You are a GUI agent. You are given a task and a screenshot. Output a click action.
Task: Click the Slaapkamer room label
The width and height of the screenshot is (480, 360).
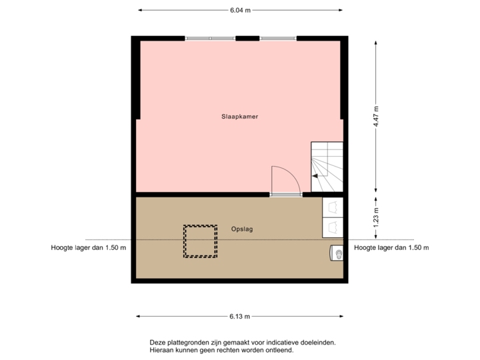240,116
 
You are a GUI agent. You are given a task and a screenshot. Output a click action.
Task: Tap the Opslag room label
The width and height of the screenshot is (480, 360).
242,229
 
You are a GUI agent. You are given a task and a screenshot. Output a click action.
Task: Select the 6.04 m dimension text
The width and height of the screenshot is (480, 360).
240,10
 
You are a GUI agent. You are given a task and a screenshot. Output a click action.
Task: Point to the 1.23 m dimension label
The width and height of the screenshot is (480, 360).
376,217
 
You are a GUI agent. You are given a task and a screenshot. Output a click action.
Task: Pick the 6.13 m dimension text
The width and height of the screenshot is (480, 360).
240,316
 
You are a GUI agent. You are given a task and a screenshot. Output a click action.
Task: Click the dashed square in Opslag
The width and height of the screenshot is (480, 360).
201,241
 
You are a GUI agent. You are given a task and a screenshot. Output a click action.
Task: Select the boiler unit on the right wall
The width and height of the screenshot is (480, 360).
337,253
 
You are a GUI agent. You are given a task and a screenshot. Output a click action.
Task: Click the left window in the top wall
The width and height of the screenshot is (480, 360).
210,38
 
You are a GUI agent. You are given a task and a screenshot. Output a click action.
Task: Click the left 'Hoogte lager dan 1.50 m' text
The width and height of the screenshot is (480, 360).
88,248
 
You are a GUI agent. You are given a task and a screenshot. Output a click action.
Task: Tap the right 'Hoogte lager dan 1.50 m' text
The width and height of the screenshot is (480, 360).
391,248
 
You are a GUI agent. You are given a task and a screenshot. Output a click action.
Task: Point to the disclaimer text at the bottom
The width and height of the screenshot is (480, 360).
243,345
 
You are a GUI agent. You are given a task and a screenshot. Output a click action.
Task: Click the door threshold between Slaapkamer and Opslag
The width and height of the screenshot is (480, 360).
286,195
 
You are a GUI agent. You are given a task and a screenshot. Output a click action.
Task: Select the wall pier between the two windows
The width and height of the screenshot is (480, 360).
247,38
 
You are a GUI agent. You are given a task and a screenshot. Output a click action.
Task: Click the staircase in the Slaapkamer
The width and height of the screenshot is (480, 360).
327,167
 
